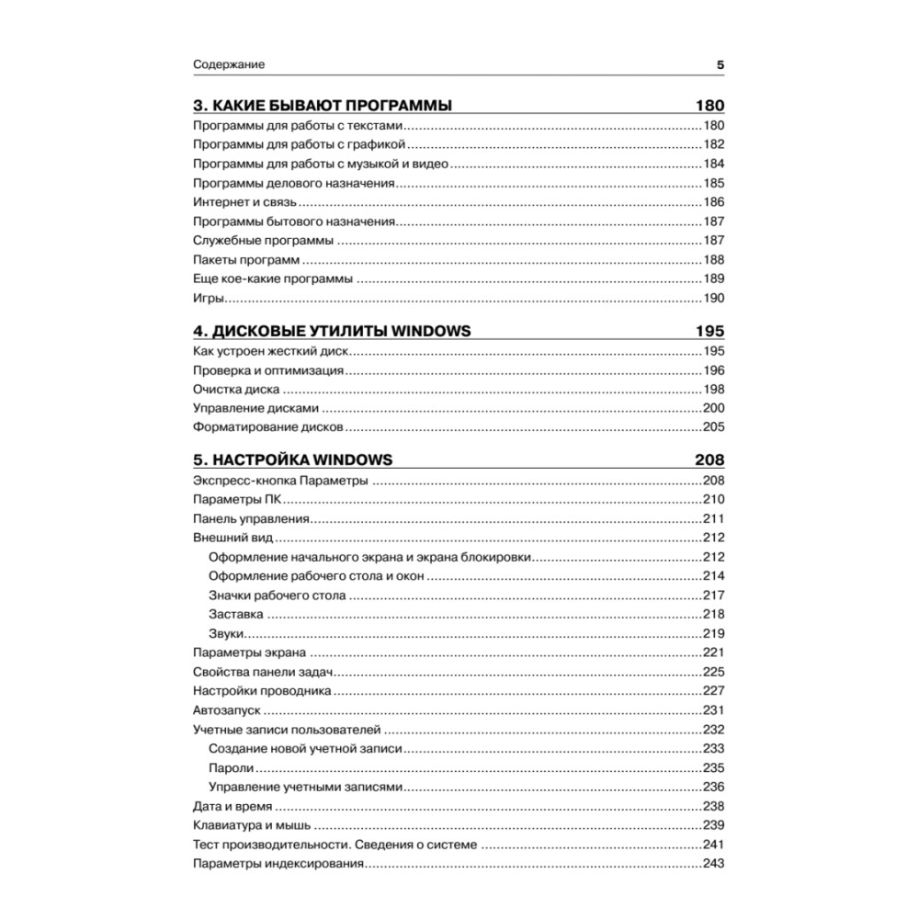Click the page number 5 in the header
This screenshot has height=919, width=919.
point(720,65)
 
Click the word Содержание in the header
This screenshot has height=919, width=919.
point(229,65)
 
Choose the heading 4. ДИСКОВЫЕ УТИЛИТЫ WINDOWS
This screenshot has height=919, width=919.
point(332,331)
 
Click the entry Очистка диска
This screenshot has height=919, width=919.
point(236,390)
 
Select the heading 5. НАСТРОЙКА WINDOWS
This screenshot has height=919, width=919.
point(293,460)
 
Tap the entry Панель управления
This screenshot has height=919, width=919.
point(250,519)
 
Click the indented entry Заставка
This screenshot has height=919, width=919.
point(236,615)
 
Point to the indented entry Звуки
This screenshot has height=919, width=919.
point(225,634)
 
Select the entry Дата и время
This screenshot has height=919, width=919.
point(232,806)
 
